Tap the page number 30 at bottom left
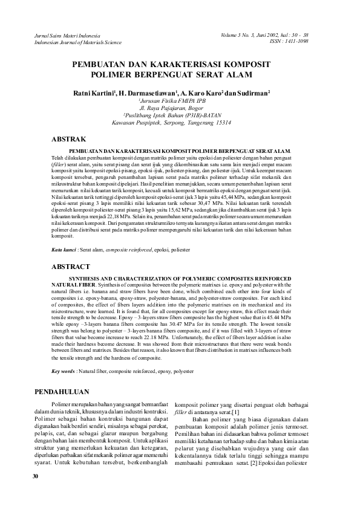(36, 477)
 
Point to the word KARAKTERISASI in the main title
(191, 64)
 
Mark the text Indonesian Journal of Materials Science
(78, 43)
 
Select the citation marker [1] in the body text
(236, 412)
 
